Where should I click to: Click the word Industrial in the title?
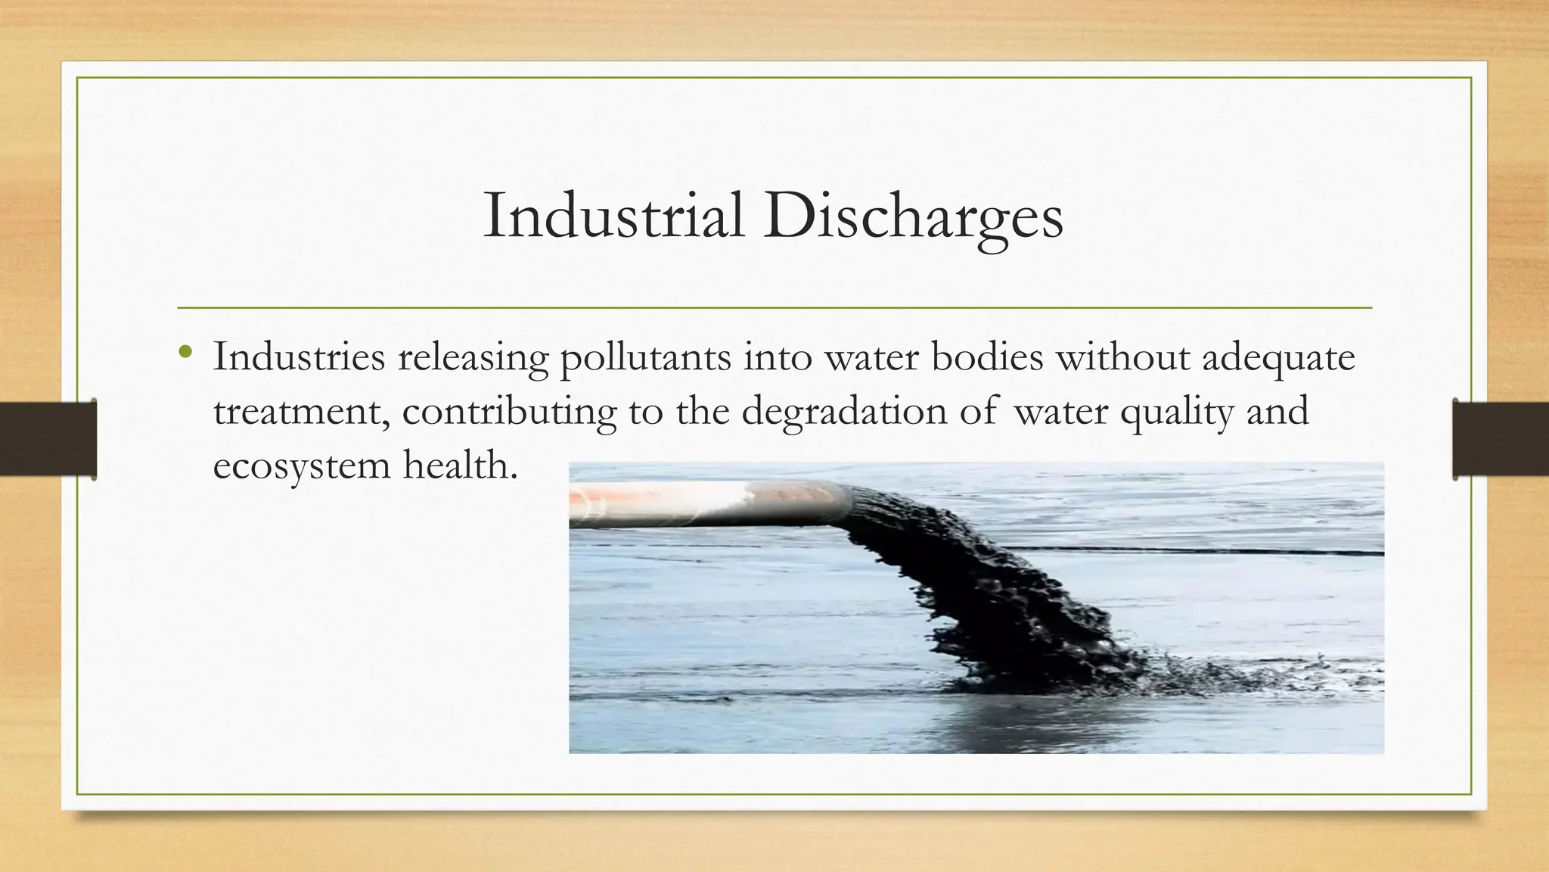coord(613,216)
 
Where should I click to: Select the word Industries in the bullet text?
coord(299,357)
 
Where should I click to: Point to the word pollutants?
coord(645,358)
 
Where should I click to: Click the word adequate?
coord(1278,358)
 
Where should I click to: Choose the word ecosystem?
coord(301,466)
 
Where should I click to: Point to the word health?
coord(460,464)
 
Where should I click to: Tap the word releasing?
coord(473,358)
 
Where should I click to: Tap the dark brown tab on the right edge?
coord(1501,439)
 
